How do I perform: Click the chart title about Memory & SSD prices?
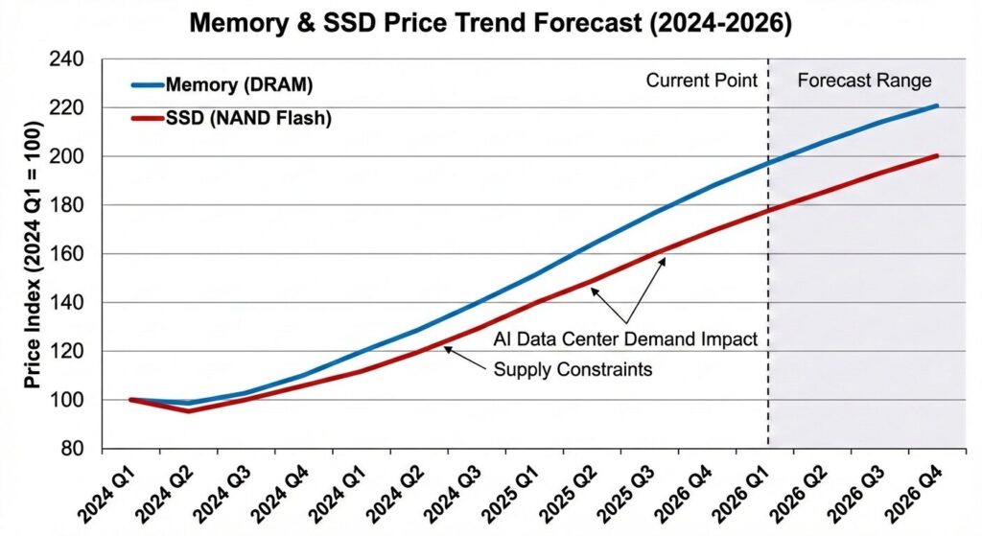tap(491, 23)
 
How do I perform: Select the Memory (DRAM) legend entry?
tap(239, 84)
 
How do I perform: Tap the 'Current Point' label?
tap(701, 81)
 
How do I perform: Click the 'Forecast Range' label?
tap(864, 81)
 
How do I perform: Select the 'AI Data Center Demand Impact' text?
tap(626, 338)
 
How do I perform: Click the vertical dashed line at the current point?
tap(768, 288)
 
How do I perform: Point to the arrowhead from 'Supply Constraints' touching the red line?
tap(446, 349)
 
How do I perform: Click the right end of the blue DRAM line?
tap(936, 105)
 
